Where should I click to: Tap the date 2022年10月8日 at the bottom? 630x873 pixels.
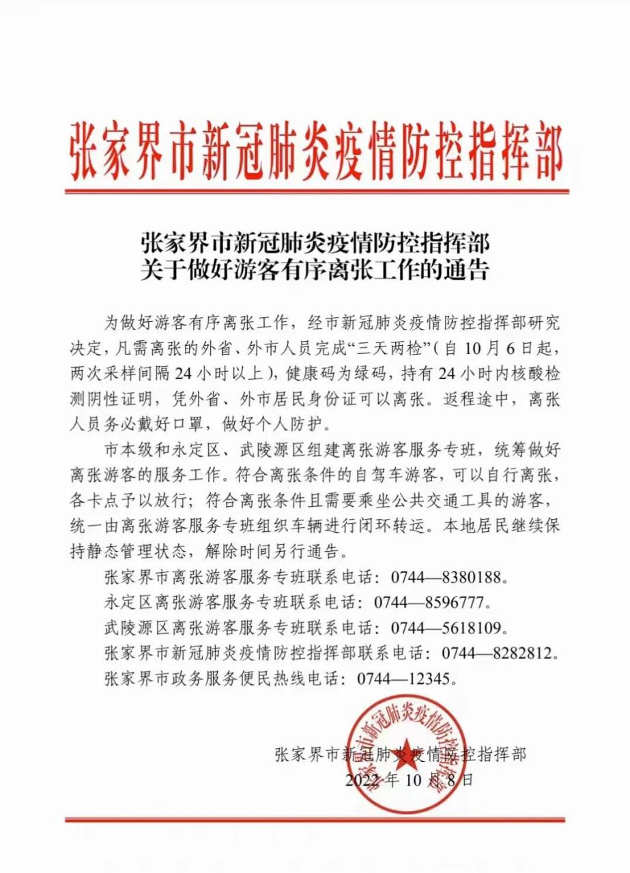click(x=408, y=780)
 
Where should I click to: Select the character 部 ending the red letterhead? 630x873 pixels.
click(x=547, y=151)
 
